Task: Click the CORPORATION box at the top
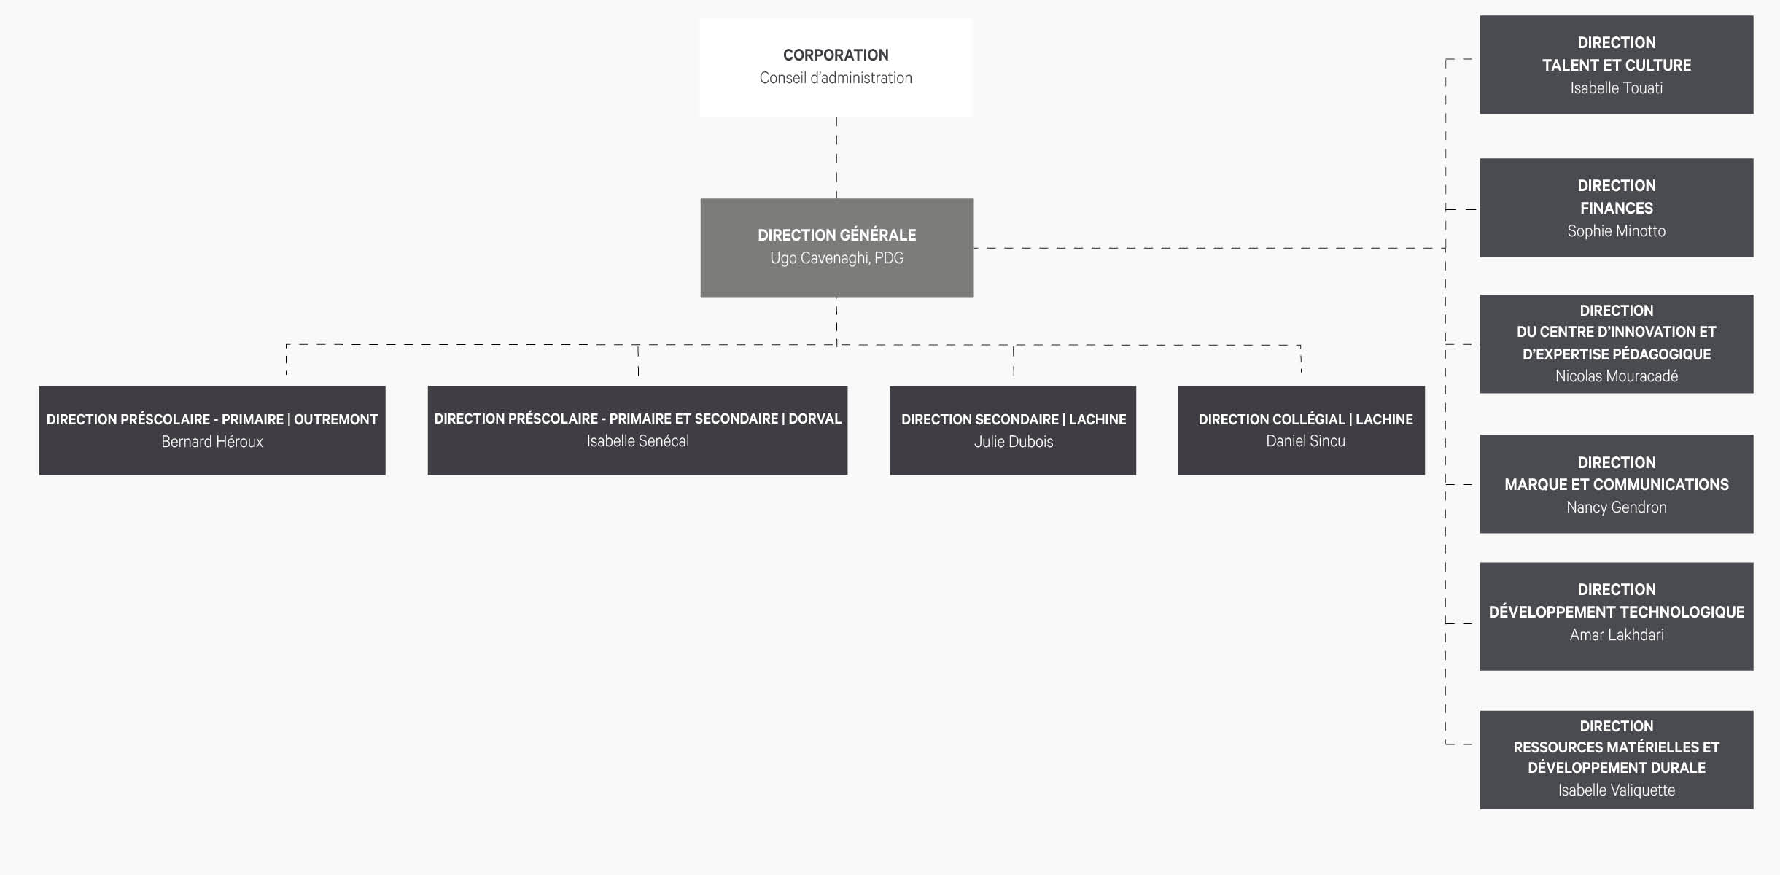(836, 67)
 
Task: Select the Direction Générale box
(836, 247)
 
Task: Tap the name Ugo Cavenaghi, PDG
(836, 258)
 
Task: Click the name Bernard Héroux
(212, 441)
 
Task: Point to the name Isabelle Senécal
(637, 440)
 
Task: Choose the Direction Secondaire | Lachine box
(1013, 430)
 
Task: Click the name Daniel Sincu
(1305, 440)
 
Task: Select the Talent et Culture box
(1617, 65)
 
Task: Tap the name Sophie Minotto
(1617, 230)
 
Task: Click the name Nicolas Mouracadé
(1617, 376)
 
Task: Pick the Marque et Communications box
(1617, 484)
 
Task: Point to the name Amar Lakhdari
(1617, 634)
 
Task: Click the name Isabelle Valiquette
(1617, 790)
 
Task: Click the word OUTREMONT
(335, 419)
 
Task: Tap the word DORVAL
(815, 419)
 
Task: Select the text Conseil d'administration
(836, 78)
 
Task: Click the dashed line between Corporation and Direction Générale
(836, 157)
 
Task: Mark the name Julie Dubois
(1014, 441)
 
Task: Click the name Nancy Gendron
(1617, 507)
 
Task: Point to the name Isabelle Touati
(1617, 87)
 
